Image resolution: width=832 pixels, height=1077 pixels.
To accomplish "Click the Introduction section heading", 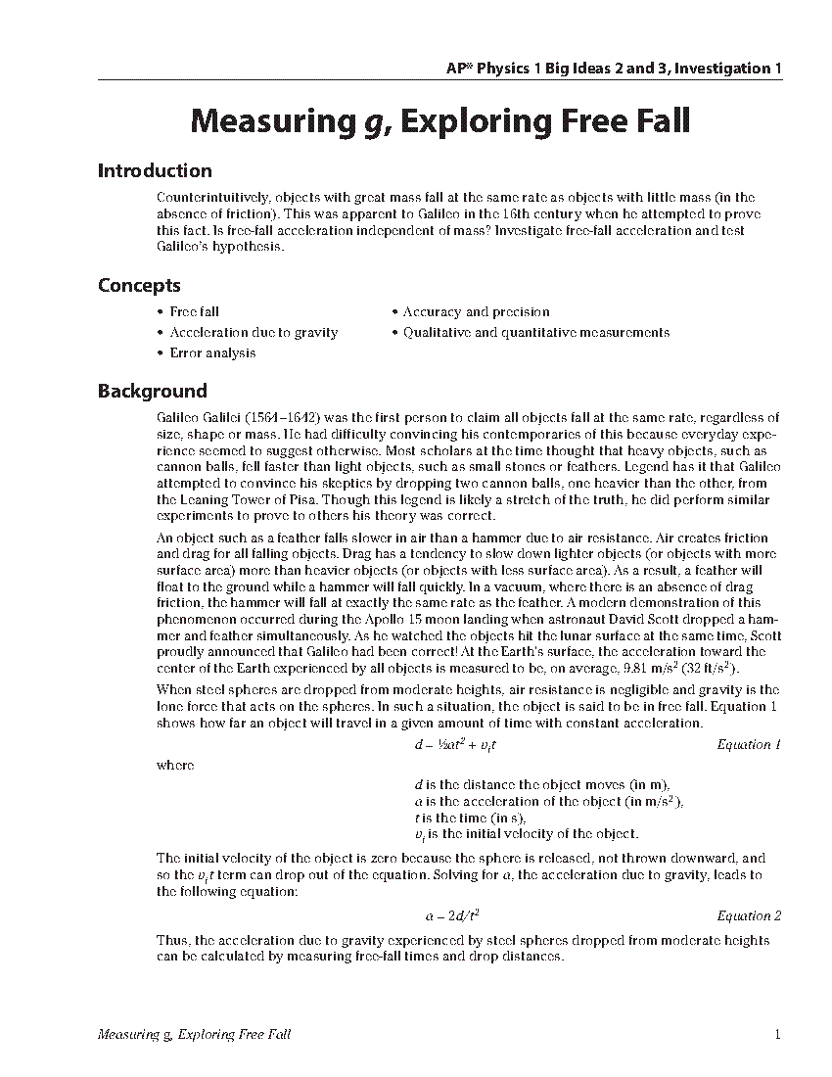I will click(x=155, y=171).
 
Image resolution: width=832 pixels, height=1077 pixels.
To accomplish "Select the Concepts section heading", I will click(x=139, y=286).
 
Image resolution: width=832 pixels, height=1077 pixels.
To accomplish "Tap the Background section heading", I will click(x=152, y=392).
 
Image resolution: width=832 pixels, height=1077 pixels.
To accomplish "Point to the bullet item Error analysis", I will click(x=212, y=353).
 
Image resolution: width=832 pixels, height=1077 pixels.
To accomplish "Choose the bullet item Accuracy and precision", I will click(x=476, y=312).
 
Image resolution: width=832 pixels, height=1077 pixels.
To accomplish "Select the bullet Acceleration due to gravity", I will click(x=254, y=333).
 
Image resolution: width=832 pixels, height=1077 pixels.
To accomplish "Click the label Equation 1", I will click(x=749, y=745).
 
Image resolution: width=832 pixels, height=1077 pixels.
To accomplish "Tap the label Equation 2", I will click(x=749, y=916).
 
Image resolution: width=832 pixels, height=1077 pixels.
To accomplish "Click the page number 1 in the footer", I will click(x=776, y=1035).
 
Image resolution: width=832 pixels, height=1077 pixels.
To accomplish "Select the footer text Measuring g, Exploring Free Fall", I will click(x=195, y=1035).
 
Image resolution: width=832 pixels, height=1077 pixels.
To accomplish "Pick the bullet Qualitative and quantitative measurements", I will click(x=536, y=333).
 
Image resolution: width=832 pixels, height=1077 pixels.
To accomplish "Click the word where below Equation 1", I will click(x=175, y=766).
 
